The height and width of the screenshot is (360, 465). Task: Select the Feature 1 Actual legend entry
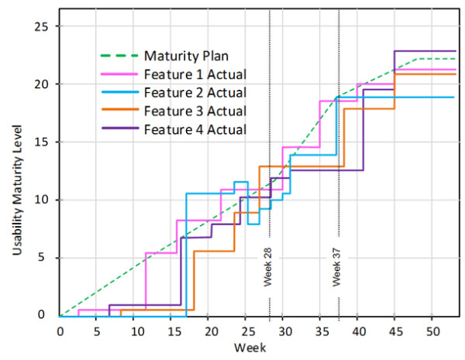tap(195, 75)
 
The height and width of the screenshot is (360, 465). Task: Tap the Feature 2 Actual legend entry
tap(195, 93)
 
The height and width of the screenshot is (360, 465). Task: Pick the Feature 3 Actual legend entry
tap(195, 111)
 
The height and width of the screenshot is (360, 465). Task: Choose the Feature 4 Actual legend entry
tap(195, 129)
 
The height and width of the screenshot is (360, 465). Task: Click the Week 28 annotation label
tap(267, 267)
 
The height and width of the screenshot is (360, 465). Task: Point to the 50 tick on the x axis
tap(432, 329)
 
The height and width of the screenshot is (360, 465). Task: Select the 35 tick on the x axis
tap(320, 329)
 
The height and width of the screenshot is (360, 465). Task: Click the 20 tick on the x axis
tap(208, 329)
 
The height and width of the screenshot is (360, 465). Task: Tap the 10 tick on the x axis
tap(134, 329)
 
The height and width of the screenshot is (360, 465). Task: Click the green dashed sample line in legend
tap(119, 57)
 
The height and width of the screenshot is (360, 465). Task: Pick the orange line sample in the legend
tap(119, 111)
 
